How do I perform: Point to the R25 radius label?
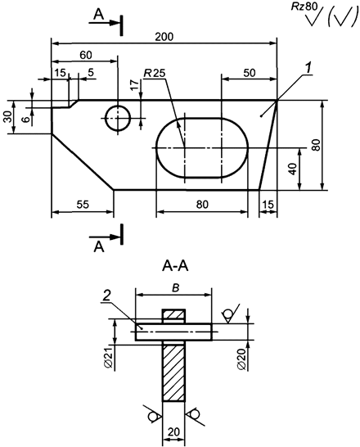(154, 74)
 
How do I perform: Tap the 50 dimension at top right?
(249, 74)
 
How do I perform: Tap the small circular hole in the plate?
(118, 118)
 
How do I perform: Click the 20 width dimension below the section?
(174, 431)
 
